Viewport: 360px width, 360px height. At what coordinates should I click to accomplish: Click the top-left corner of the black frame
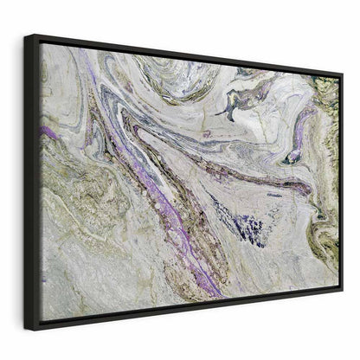tap(26, 35)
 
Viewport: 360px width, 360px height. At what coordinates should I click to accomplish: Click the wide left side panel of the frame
tap(31, 182)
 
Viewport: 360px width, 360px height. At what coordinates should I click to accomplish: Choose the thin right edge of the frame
tap(341, 182)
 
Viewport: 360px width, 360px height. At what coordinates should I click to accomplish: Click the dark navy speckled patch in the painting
tap(247, 229)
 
